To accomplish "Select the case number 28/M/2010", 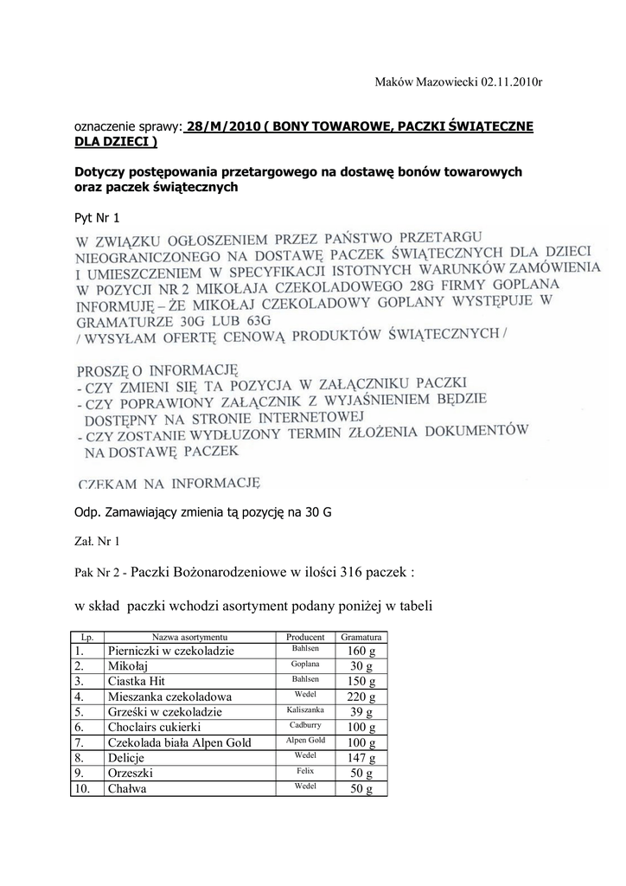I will [222, 126].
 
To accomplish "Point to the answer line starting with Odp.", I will [203, 511].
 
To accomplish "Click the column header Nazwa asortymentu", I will [189, 636].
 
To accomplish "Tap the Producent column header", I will [304, 636].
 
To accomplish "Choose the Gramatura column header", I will [361, 636].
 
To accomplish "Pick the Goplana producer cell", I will [305, 664].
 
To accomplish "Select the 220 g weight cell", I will [361, 697].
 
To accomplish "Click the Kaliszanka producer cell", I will [305, 710].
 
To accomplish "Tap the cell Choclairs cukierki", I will [155, 728].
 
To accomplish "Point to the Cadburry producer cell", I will [305, 725].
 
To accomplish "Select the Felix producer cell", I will [304, 771].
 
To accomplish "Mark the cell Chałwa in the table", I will [125, 789].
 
